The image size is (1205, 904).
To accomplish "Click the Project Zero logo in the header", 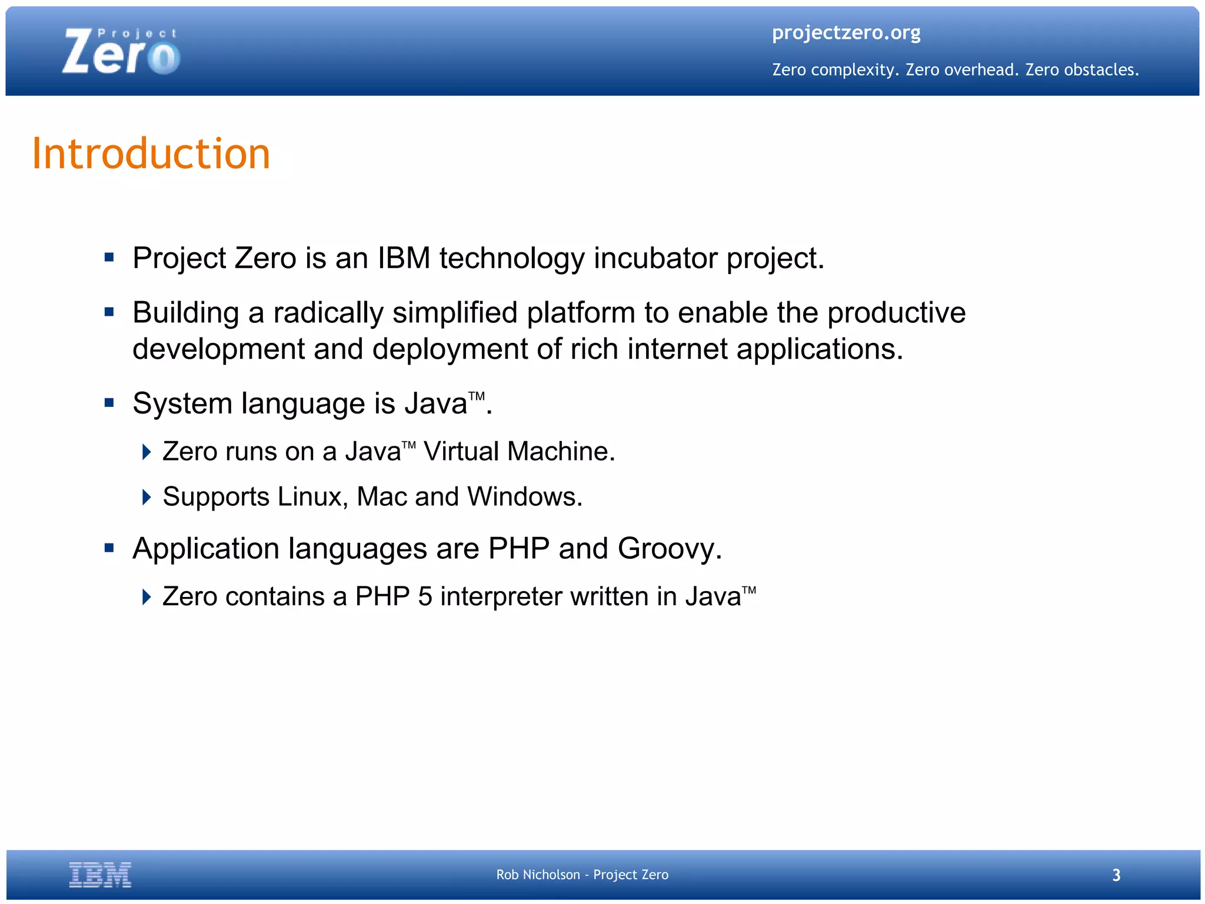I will [121, 52].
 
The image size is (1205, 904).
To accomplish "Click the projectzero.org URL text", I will [846, 32].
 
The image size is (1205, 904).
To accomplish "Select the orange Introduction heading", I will [151, 154].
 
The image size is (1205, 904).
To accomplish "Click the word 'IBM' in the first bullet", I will [404, 258].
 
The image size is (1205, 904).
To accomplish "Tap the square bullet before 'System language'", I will [109, 403].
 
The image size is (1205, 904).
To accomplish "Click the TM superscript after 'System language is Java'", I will [476, 396].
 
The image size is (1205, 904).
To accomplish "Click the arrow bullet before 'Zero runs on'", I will [147, 452].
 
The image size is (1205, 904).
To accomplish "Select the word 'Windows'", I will [521, 497].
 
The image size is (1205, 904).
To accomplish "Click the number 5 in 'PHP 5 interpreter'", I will [425, 597].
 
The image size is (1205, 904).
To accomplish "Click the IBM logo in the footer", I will [100, 875].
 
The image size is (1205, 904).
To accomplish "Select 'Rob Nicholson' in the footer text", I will [538, 875].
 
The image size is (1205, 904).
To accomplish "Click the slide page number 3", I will [1116, 875].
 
